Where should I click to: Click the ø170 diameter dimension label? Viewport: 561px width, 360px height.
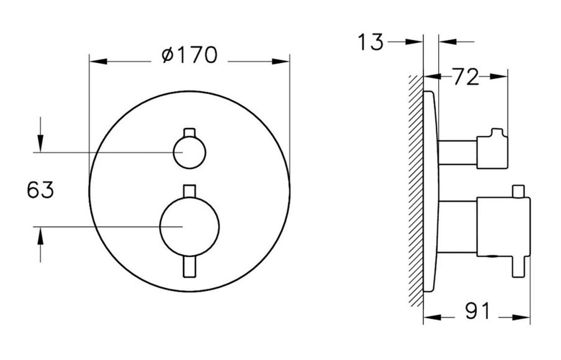click(189, 55)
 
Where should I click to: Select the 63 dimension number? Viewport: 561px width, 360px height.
click(40, 190)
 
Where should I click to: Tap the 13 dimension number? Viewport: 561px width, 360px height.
click(370, 42)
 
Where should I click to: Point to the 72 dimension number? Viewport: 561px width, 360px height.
click(465, 77)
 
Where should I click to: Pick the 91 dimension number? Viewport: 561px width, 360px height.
click(477, 311)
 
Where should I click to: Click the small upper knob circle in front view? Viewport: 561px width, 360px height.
click(189, 152)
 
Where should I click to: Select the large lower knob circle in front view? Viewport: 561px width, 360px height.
click(189, 226)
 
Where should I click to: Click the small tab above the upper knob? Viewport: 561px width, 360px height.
click(189, 132)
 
